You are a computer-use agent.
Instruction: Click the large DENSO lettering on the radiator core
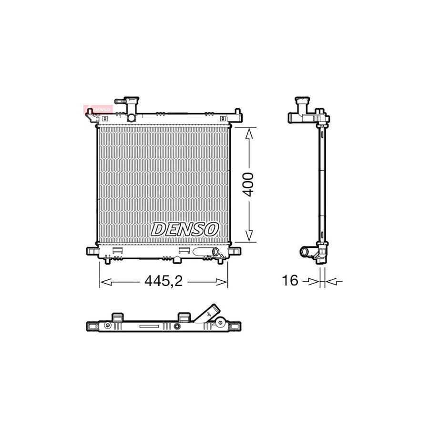point(184,229)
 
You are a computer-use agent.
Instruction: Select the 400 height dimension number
point(248,184)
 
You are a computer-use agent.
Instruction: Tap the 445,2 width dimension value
point(163,282)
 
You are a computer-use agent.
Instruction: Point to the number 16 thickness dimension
point(289,281)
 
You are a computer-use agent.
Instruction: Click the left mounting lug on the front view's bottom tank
point(92,251)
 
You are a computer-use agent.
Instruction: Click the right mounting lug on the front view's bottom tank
point(235,251)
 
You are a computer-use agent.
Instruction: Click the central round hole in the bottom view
point(177,327)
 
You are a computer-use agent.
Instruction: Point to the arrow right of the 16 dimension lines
point(336,282)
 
